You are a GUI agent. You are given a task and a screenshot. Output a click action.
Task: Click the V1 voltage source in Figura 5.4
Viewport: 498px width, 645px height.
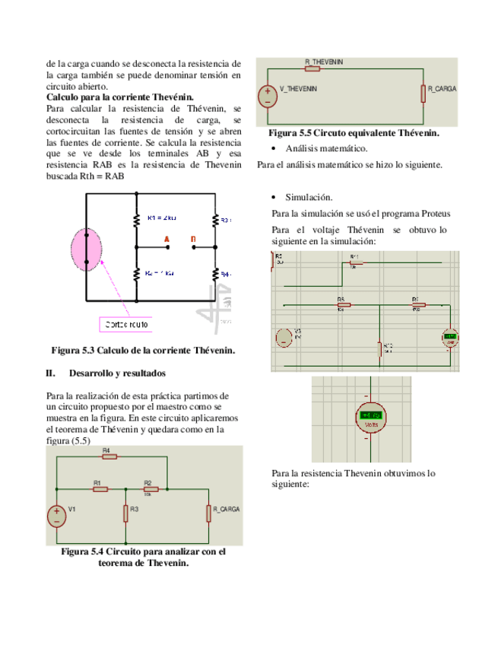coord(57,516)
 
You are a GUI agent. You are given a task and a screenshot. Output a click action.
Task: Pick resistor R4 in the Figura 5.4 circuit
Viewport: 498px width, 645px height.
coord(108,457)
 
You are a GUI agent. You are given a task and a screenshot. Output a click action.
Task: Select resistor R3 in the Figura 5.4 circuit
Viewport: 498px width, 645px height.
coord(125,514)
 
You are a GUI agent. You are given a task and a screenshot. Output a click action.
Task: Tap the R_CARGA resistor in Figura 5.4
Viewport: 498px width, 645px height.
coord(208,514)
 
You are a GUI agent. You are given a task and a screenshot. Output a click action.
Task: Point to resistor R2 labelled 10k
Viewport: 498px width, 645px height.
coord(149,489)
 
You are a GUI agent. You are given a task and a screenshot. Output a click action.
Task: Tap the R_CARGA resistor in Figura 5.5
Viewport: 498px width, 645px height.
coord(423,93)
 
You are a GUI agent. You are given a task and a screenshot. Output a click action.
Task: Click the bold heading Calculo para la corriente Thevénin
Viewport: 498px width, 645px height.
coord(120,97)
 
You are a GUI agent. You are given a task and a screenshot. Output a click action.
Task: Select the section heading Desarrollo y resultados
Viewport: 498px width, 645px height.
coord(117,373)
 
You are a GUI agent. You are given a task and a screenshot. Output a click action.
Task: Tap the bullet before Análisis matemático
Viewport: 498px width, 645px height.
coord(274,148)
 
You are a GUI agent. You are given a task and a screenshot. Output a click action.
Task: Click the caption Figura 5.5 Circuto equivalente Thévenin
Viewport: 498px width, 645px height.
coord(353,133)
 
